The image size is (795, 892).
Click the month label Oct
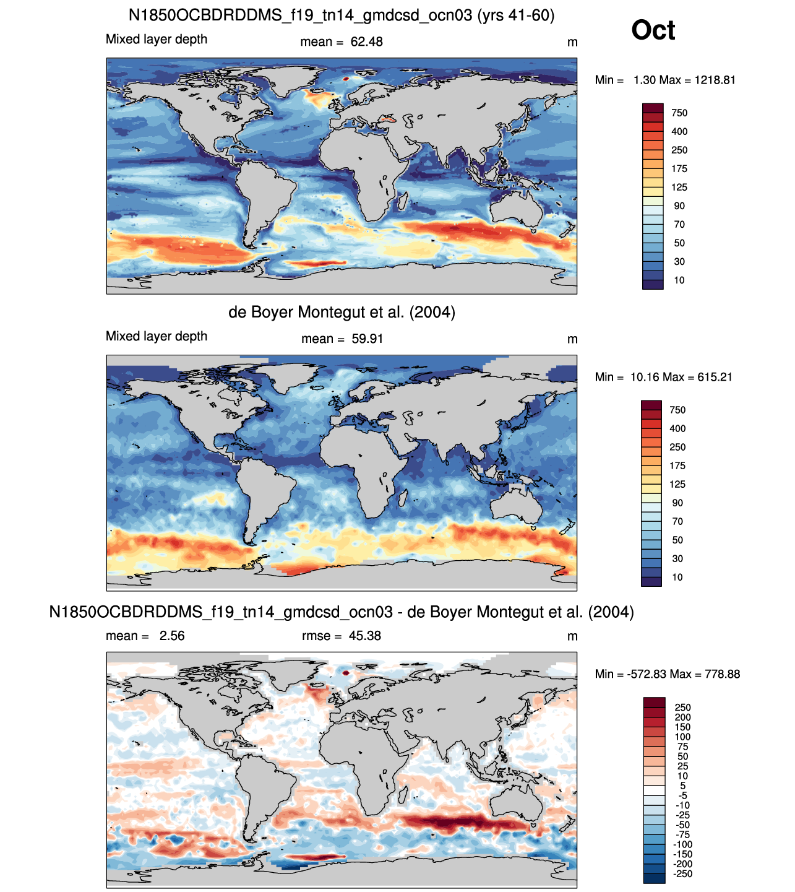pos(653,30)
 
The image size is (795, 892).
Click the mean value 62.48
pos(366,42)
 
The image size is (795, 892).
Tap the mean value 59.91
pos(367,339)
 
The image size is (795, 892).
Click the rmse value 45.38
pos(365,636)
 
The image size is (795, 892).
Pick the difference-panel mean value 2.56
pos(172,636)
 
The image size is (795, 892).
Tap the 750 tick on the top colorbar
pos(679,113)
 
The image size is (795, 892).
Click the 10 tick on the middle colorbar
pos(677,577)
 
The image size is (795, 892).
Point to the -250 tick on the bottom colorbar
pos(682,874)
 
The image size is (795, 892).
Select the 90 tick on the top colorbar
pos(679,206)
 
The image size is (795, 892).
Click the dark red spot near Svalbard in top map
pos(346,79)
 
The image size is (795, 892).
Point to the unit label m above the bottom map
pos(572,636)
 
